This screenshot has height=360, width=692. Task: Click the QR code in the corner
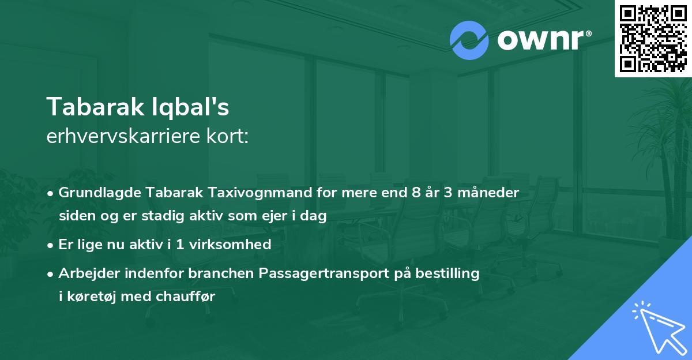click(653, 38)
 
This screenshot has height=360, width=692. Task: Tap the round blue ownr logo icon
click(469, 40)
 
